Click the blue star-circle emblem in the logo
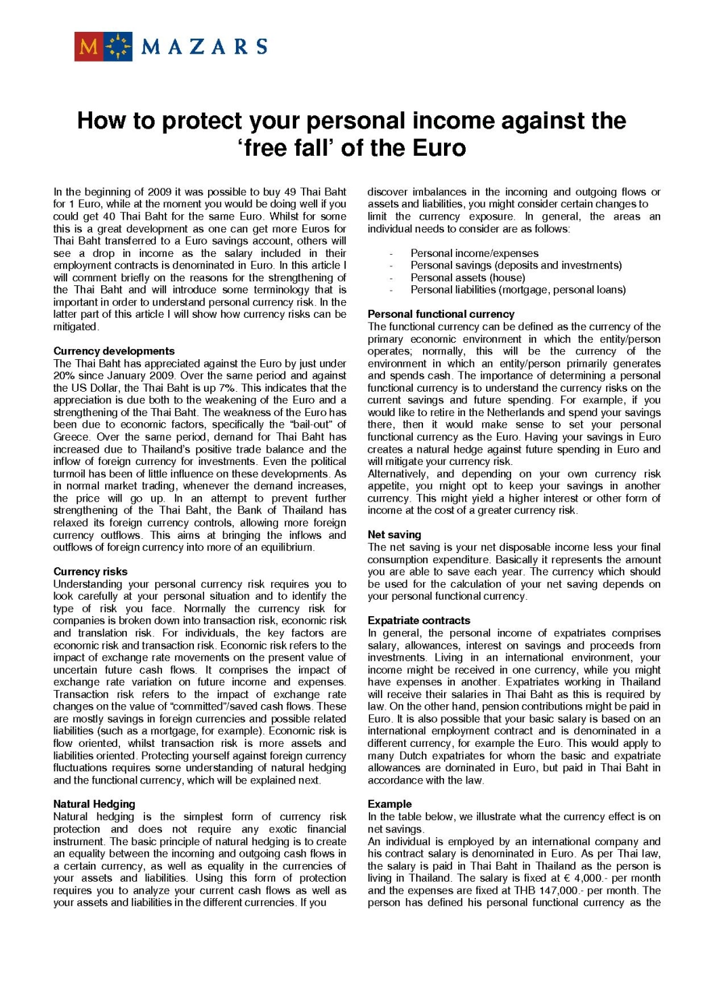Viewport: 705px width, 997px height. tap(118, 46)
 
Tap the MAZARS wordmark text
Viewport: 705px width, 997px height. tap(204, 47)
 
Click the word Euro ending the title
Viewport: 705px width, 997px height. tap(440, 148)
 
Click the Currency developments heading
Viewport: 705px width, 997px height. tap(114, 351)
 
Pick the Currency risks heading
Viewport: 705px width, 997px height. tap(90, 571)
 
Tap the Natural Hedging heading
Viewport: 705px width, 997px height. tap(94, 804)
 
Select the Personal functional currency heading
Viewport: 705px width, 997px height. tap(441, 314)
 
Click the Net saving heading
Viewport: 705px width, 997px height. tap(394, 535)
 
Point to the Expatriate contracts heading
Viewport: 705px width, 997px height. tap(418, 620)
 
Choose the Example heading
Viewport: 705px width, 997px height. tap(389, 804)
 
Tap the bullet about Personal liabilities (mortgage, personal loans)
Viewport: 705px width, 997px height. tap(518, 289)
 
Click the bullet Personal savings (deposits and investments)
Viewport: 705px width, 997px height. tap(516, 265)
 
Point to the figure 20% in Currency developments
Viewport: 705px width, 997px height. tap(64, 375)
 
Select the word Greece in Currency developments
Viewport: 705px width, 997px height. tap(71, 437)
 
